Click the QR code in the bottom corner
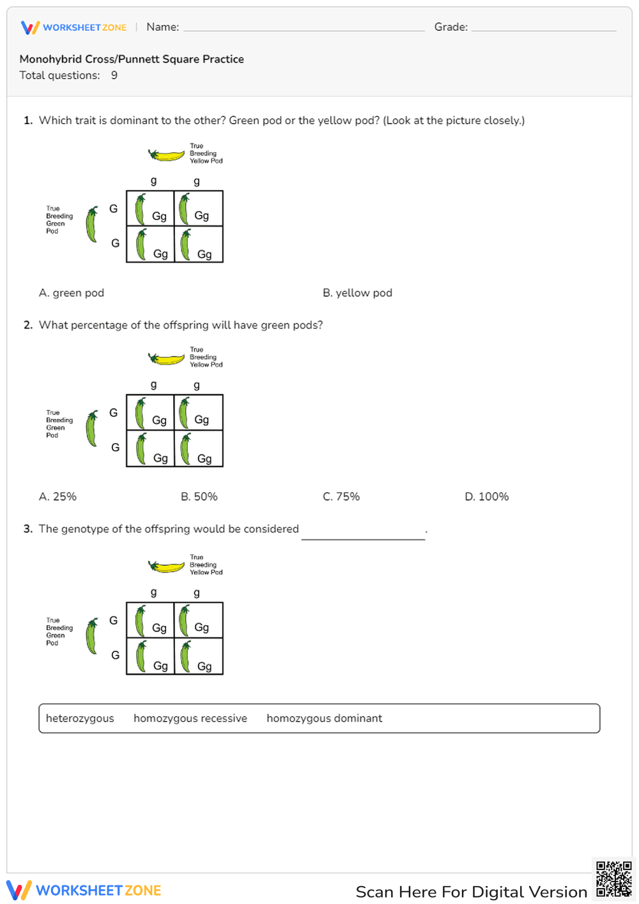(613, 880)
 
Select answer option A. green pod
(72, 293)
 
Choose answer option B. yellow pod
(357, 293)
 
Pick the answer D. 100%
(486, 497)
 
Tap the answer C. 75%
(341, 497)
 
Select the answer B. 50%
(199, 497)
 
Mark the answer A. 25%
(58, 497)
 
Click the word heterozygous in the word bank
(80, 719)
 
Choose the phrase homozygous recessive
(190, 719)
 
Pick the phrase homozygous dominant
(324, 719)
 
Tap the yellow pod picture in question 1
(166, 155)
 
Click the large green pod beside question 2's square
(93, 428)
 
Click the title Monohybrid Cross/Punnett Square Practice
(132, 59)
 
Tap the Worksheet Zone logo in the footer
(84, 891)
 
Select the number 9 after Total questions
(114, 75)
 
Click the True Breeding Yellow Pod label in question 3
(206, 565)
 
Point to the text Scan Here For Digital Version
(471, 892)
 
